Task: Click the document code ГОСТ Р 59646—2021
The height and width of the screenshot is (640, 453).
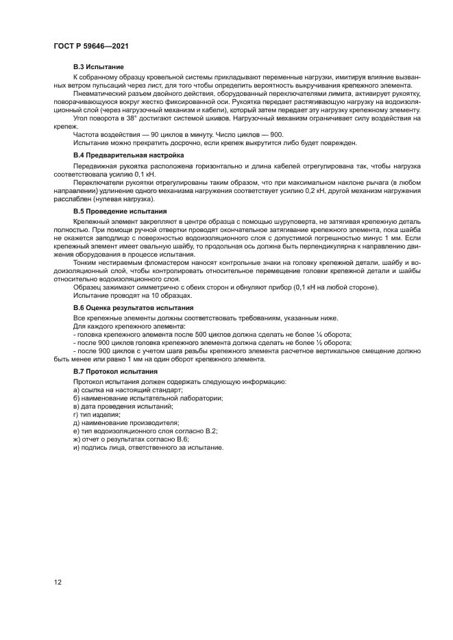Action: [x=91, y=46]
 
